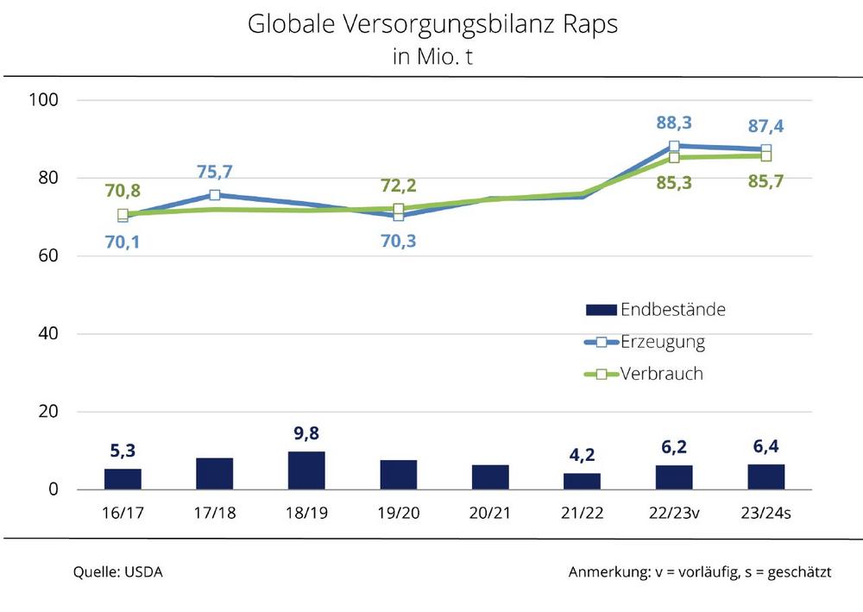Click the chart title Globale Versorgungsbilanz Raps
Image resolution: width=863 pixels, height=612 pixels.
tap(432, 24)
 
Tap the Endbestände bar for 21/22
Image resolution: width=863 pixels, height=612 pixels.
tap(582, 481)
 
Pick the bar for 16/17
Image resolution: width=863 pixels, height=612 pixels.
tap(123, 479)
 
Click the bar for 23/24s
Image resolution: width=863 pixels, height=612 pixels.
tap(765, 476)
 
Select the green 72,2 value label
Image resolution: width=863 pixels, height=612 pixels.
tap(398, 184)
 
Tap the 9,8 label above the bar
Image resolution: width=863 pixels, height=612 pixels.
tap(306, 432)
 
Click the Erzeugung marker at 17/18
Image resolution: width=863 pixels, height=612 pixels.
tap(215, 195)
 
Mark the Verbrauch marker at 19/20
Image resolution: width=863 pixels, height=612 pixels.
tap(398, 209)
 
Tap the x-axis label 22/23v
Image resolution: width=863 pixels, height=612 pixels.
tap(673, 513)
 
